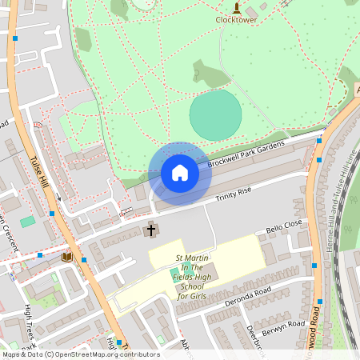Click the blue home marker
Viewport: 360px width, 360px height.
click(180, 173)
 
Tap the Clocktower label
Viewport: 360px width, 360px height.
click(236, 20)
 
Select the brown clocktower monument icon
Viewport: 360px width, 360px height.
click(236, 9)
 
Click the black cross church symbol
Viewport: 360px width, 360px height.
click(150, 230)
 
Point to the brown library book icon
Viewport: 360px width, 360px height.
click(67, 257)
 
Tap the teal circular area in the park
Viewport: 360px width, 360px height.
click(215, 114)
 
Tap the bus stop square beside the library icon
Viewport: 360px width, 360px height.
click(83, 259)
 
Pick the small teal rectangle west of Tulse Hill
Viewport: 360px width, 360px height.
click(28, 221)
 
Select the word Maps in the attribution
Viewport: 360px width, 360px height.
click(11, 354)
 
